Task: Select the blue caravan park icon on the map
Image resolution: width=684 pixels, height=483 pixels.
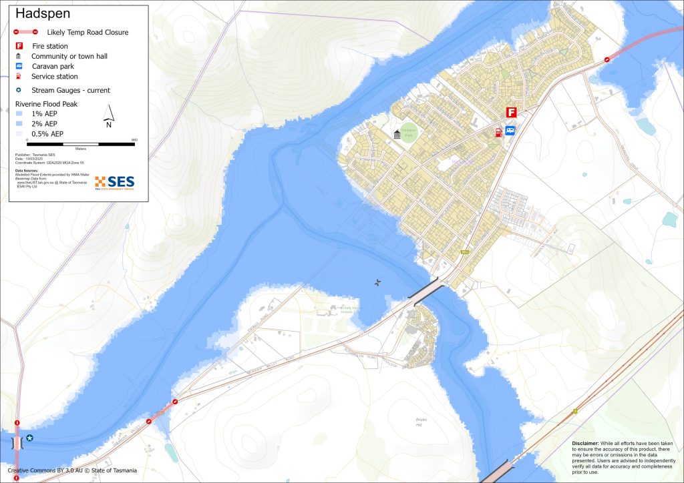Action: coord(510,131)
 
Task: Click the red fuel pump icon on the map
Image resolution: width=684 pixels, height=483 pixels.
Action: coord(498,131)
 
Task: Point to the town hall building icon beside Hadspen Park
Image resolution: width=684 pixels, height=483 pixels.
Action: coord(398,135)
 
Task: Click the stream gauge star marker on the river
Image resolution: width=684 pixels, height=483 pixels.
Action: coord(29,438)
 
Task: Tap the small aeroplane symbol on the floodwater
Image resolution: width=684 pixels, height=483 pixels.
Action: coord(378,283)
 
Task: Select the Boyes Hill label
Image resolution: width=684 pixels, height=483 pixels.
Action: coord(421,422)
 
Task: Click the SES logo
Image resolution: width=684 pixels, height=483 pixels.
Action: coord(114,183)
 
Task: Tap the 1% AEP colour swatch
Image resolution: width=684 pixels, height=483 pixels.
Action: coord(19,114)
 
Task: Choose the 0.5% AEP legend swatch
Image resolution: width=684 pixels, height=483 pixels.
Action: coord(19,133)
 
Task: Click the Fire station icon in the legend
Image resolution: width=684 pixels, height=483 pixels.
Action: coord(19,46)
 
